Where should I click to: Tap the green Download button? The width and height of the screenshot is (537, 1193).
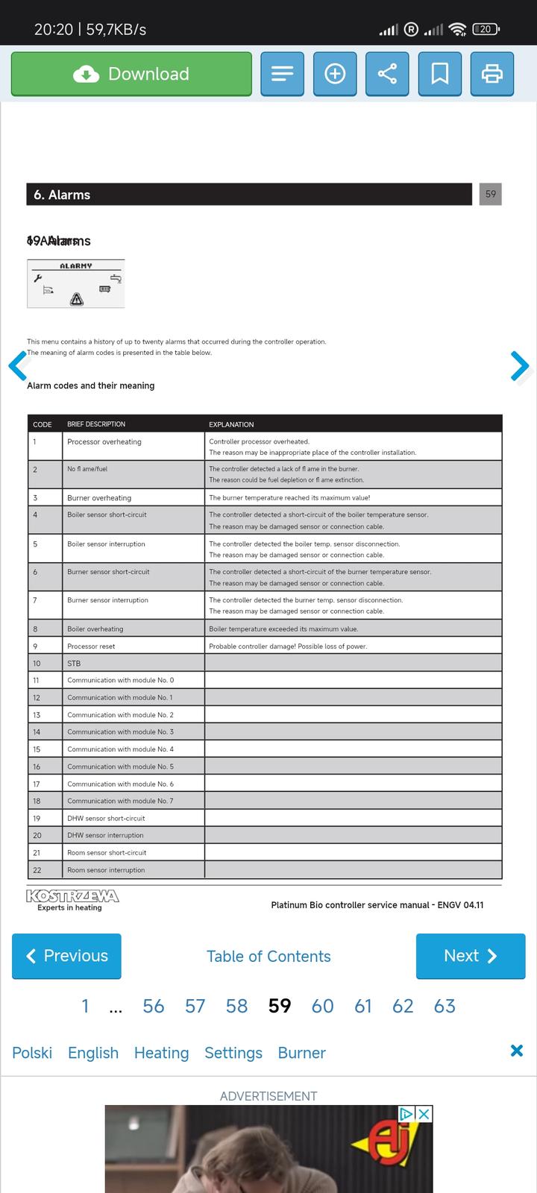(x=131, y=74)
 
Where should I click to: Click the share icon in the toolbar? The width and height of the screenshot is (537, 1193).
(x=387, y=74)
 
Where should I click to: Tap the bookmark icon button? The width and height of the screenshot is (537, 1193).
(x=440, y=74)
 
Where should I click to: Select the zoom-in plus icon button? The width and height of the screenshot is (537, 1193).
(x=335, y=74)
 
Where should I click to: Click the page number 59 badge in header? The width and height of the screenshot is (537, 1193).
(x=490, y=194)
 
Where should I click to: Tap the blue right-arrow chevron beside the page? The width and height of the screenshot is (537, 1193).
(x=519, y=365)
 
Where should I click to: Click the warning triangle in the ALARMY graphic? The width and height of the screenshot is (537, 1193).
(x=76, y=300)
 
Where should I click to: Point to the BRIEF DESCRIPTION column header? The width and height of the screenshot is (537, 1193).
(x=96, y=424)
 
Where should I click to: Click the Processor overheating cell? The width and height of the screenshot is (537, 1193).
(x=104, y=442)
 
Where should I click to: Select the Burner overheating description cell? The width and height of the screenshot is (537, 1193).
(x=99, y=498)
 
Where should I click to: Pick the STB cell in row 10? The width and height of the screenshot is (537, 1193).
(x=74, y=664)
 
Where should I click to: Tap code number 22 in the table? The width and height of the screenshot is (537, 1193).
(x=37, y=870)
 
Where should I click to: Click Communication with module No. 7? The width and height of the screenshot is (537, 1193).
(x=120, y=801)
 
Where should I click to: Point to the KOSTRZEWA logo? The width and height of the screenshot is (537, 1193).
(x=72, y=898)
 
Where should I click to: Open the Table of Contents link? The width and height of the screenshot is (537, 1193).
(x=268, y=957)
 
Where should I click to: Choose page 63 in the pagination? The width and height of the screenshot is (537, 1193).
(x=445, y=1006)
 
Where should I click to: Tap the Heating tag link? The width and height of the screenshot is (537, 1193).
(x=161, y=1053)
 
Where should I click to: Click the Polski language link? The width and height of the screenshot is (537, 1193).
(x=32, y=1053)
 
